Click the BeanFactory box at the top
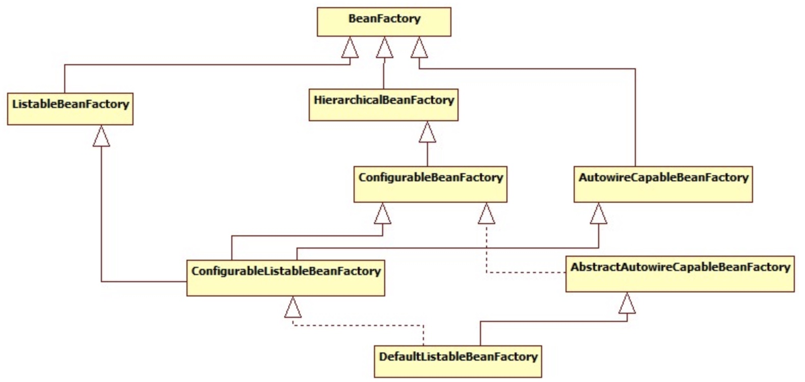384,21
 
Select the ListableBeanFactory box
70,108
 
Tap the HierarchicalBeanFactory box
383,104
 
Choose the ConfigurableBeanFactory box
430,183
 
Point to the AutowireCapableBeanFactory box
662,183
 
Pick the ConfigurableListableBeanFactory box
285,277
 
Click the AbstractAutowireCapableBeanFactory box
680,274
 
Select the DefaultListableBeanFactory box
458,361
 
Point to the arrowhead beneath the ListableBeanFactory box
101,136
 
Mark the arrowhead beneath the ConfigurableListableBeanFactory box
293,307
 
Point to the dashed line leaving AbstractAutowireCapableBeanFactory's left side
525,273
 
